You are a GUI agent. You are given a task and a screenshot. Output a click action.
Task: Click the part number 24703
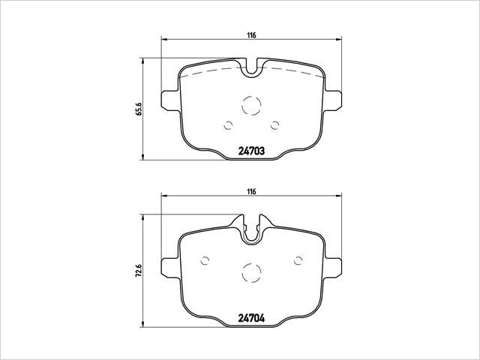click(x=251, y=150)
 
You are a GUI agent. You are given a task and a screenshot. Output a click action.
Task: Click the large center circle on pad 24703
click(x=251, y=106)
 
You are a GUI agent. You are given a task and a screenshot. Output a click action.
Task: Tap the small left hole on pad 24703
click(x=228, y=125)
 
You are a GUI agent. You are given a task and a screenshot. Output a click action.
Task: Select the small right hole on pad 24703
click(x=275, y=125)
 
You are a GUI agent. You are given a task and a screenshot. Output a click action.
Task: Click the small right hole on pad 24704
click(x=298, y=260)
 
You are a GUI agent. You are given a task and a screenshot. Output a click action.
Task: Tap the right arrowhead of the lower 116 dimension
click(x=338, y=197)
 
